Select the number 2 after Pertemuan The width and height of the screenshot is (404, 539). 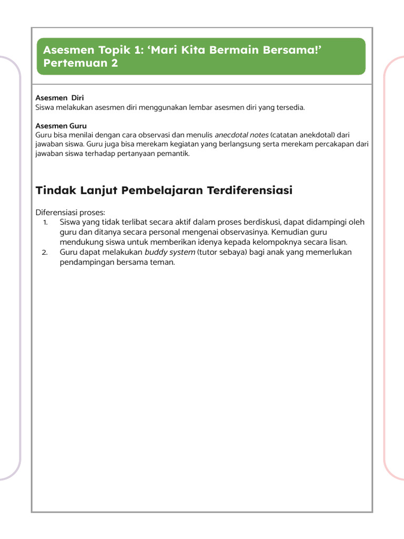114,64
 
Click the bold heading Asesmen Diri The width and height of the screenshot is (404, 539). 59,98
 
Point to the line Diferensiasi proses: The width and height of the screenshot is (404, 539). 70,213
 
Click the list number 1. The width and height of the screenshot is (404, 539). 46,222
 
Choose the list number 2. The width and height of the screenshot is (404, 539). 45,252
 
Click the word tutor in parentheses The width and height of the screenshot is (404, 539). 209,252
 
